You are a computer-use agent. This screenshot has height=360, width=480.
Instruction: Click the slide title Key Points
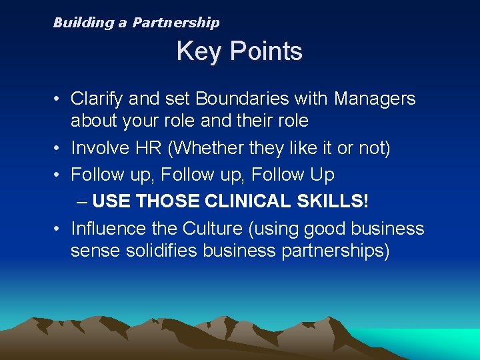point(239,51)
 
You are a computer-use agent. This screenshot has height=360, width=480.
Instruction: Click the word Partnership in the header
point(175,23)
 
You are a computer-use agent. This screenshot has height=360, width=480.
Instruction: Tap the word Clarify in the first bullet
point(97,99)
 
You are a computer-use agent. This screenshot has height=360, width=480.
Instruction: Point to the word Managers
point(375,99)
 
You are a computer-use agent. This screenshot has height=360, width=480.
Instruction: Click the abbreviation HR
point(151,147)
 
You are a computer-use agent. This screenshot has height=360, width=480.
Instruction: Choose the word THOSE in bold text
point(170,200)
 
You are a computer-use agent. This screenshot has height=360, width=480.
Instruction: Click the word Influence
point(109,229)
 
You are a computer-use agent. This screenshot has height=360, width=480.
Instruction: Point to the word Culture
point(210,229)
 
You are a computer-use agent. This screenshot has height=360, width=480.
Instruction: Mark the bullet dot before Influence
point(59,229)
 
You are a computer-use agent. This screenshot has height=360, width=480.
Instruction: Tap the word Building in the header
point(83,23)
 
